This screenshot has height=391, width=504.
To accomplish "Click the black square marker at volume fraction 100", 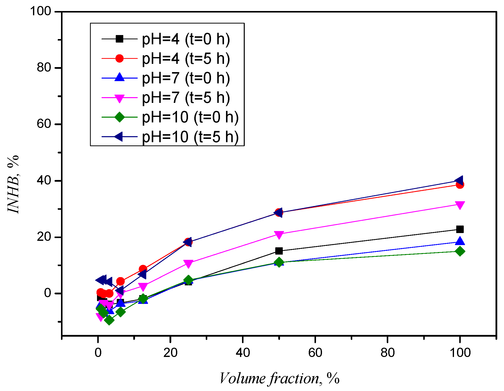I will point(460,229).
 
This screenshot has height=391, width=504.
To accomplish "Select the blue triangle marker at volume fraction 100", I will point(460,241).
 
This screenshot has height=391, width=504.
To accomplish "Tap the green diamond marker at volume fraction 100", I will point(460,251).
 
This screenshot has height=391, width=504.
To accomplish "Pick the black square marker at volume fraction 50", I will point(279,251).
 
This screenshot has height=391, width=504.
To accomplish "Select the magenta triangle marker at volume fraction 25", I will point(188,263).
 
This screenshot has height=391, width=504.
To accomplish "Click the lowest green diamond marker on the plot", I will point(109,320).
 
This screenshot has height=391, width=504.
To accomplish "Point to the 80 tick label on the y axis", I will point(44,68).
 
